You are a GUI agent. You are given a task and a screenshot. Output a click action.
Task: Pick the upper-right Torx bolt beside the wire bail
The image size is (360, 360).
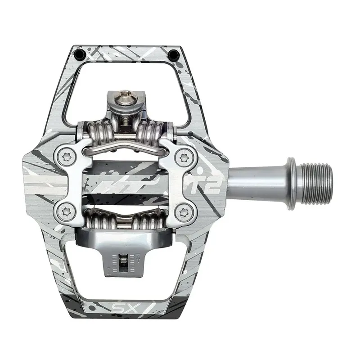point(184,157)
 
